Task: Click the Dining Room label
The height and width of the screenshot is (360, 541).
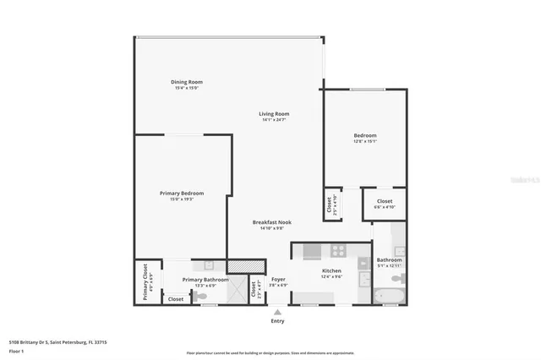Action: (189, 83)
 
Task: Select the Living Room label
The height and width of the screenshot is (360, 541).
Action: (274, 114)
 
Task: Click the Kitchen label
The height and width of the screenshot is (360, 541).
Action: (331, 272)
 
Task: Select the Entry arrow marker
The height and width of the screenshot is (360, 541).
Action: (277, 311)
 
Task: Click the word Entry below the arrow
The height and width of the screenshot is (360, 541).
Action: (277, 321)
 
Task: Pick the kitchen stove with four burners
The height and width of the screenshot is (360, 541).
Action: (338, 250)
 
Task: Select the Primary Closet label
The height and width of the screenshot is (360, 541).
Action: (145, 282)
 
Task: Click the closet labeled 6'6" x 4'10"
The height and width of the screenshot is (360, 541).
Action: (385, 204)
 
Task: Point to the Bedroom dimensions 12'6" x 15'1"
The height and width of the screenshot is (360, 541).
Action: (365, 141)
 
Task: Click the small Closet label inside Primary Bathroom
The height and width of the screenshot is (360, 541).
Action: (176, 299)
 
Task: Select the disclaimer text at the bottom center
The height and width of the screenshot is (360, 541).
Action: (270, 352)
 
